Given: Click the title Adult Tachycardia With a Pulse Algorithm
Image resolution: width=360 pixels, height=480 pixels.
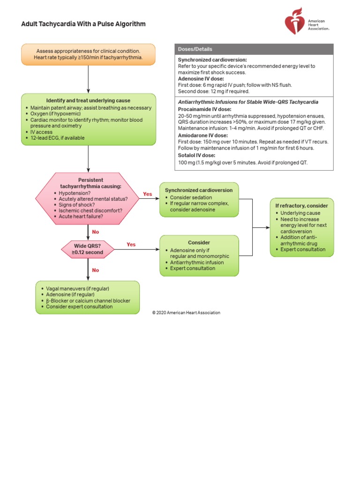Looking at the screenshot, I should click(x=83, y=24).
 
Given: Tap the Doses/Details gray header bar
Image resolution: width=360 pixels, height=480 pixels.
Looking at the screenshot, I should click(x=254, y=49).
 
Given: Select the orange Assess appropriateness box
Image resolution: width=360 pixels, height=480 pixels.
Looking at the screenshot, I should click(x=88, y=54).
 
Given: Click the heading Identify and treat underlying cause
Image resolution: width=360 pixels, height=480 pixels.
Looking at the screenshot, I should click(x=88, y=101).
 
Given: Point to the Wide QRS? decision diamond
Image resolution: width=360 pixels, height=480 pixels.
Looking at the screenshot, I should click(x=88, y=248).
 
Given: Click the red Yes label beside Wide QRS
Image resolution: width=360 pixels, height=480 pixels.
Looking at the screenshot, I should click(x=131, y=244).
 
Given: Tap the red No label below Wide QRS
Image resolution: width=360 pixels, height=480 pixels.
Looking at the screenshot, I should click(x=96, y=270).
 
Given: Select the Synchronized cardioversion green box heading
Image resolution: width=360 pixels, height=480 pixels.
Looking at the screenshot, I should click(x=199, y=190).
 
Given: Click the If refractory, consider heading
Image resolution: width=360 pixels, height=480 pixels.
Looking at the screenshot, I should click(x=301, y=206).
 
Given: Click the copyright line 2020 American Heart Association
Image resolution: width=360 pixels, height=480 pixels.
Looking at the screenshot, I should click(x=186, y=312).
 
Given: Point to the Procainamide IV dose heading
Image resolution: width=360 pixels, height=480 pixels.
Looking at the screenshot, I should click(x=201, y=109).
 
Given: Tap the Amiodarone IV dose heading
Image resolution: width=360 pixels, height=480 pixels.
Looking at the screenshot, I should click(x=202, y=135).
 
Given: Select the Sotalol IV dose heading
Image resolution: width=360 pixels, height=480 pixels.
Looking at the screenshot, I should click(x=196, y=155).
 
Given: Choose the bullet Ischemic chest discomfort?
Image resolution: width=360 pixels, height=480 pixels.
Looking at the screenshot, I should click(x=90, y=210).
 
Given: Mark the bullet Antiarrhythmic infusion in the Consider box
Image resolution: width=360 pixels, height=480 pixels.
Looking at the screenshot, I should click(x=197, y=262).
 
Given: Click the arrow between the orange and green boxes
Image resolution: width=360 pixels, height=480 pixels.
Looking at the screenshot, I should click(x=88, y=79).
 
